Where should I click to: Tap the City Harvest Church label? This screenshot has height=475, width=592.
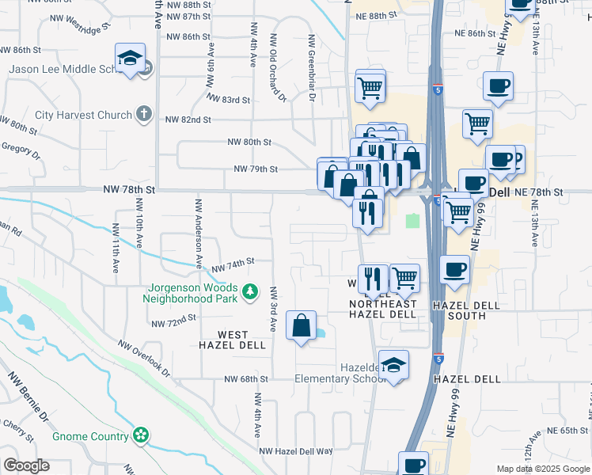point(83,116)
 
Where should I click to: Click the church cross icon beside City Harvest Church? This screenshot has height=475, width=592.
point(143,115)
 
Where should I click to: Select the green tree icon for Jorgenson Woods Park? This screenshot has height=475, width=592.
point(251,292)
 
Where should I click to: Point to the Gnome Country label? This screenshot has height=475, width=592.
point(90,436)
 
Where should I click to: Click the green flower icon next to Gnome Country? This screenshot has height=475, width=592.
point(141,435)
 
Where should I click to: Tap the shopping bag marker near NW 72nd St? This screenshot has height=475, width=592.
point(302,325)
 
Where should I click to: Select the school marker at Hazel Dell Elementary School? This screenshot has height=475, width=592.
point(393,365)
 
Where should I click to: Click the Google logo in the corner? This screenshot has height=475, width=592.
point(26,465)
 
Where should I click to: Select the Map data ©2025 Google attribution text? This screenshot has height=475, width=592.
point(542,469)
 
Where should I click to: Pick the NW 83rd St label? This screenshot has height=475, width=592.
point(228,100)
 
